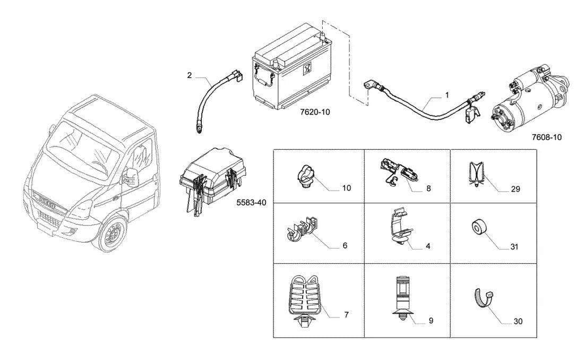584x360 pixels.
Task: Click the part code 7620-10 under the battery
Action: [315, 112]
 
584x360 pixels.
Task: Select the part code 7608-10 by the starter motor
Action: [546, 137]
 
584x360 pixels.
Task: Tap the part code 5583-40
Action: [252, 203]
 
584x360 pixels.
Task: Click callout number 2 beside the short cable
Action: [189, 75]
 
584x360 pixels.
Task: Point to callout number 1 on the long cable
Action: [447, 95]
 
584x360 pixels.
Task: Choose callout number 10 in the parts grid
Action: [346, 188]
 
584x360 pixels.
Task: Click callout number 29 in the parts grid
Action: [516, 190]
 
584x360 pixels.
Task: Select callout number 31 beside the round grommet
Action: [514, 247]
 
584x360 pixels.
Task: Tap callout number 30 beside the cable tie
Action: [518, 321]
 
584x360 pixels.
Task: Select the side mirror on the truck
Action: [131, 176]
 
